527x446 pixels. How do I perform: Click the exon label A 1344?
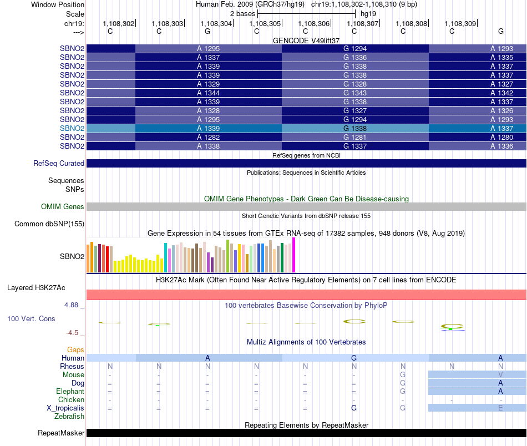tap(209, 93)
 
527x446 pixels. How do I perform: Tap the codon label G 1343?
tap(355, 93)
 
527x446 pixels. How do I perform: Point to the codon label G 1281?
tap(355, 137)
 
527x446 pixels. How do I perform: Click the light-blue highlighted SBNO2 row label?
tap(72, 128)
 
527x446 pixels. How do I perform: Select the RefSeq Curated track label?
tap(59, 163)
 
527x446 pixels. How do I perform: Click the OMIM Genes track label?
tap(63, 206)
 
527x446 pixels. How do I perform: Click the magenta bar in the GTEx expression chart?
tap(294, 255)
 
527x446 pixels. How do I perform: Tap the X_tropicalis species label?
tap(65, 408)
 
